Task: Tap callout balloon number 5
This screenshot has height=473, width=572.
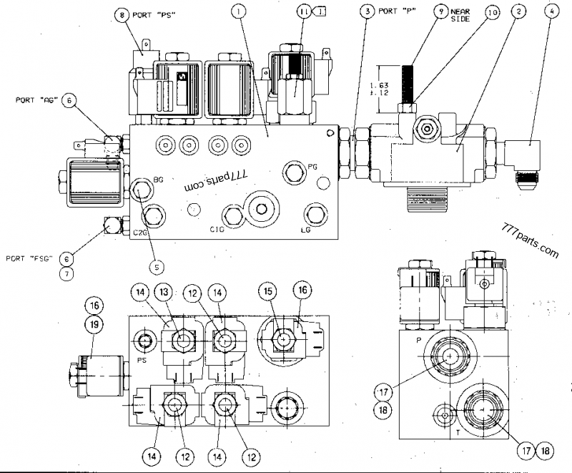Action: (157, 266)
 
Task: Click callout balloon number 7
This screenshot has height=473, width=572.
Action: (66, 273)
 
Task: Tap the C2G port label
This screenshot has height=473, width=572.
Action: (140, 232)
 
